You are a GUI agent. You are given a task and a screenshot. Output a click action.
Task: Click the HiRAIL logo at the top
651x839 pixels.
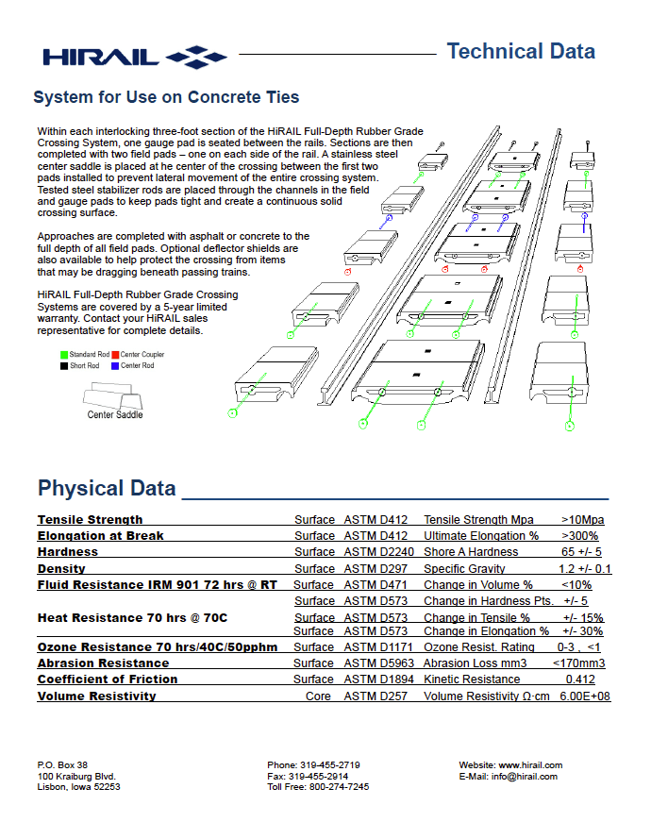(x=133, y=57)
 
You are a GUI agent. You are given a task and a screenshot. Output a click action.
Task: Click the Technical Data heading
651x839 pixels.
(x=521, y=51)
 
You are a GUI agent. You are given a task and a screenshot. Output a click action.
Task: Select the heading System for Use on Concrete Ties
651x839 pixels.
(x=166, y=97)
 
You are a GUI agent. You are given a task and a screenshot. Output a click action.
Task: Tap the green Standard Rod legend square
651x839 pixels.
(x=64, y=355)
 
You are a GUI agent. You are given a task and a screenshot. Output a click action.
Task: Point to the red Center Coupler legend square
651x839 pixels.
(x=115, y=355)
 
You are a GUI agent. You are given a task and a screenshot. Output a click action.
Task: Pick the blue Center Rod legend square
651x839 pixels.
(x=115, y=366)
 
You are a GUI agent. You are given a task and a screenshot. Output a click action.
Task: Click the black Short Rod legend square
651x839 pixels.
(x=64, y=366)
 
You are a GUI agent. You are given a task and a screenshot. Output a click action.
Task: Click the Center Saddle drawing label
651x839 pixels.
(x=115, y=415)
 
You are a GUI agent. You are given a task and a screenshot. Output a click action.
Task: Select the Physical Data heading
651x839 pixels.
(x=107, y=488)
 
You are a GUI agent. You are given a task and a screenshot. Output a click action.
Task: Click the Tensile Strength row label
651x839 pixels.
(x=91, y=520)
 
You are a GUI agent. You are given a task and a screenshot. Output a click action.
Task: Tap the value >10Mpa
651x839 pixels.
(x=582, y=520)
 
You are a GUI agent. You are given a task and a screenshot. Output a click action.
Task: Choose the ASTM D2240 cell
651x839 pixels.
(x=377, y=552)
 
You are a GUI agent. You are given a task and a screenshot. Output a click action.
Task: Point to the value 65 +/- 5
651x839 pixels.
(x=582, y=552)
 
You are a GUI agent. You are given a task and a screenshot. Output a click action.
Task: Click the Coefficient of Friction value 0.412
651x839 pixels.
(x=580, y=680)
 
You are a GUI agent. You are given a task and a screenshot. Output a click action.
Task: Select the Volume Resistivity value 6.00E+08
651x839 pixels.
(x=585, y=696)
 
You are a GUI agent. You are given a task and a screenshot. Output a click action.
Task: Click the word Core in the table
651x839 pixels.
(x=318, y=696)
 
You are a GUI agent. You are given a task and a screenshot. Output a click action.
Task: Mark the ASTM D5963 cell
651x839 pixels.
(x=377, y=663)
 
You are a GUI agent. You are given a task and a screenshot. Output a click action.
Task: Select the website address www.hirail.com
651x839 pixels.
(x=530, y=765)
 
